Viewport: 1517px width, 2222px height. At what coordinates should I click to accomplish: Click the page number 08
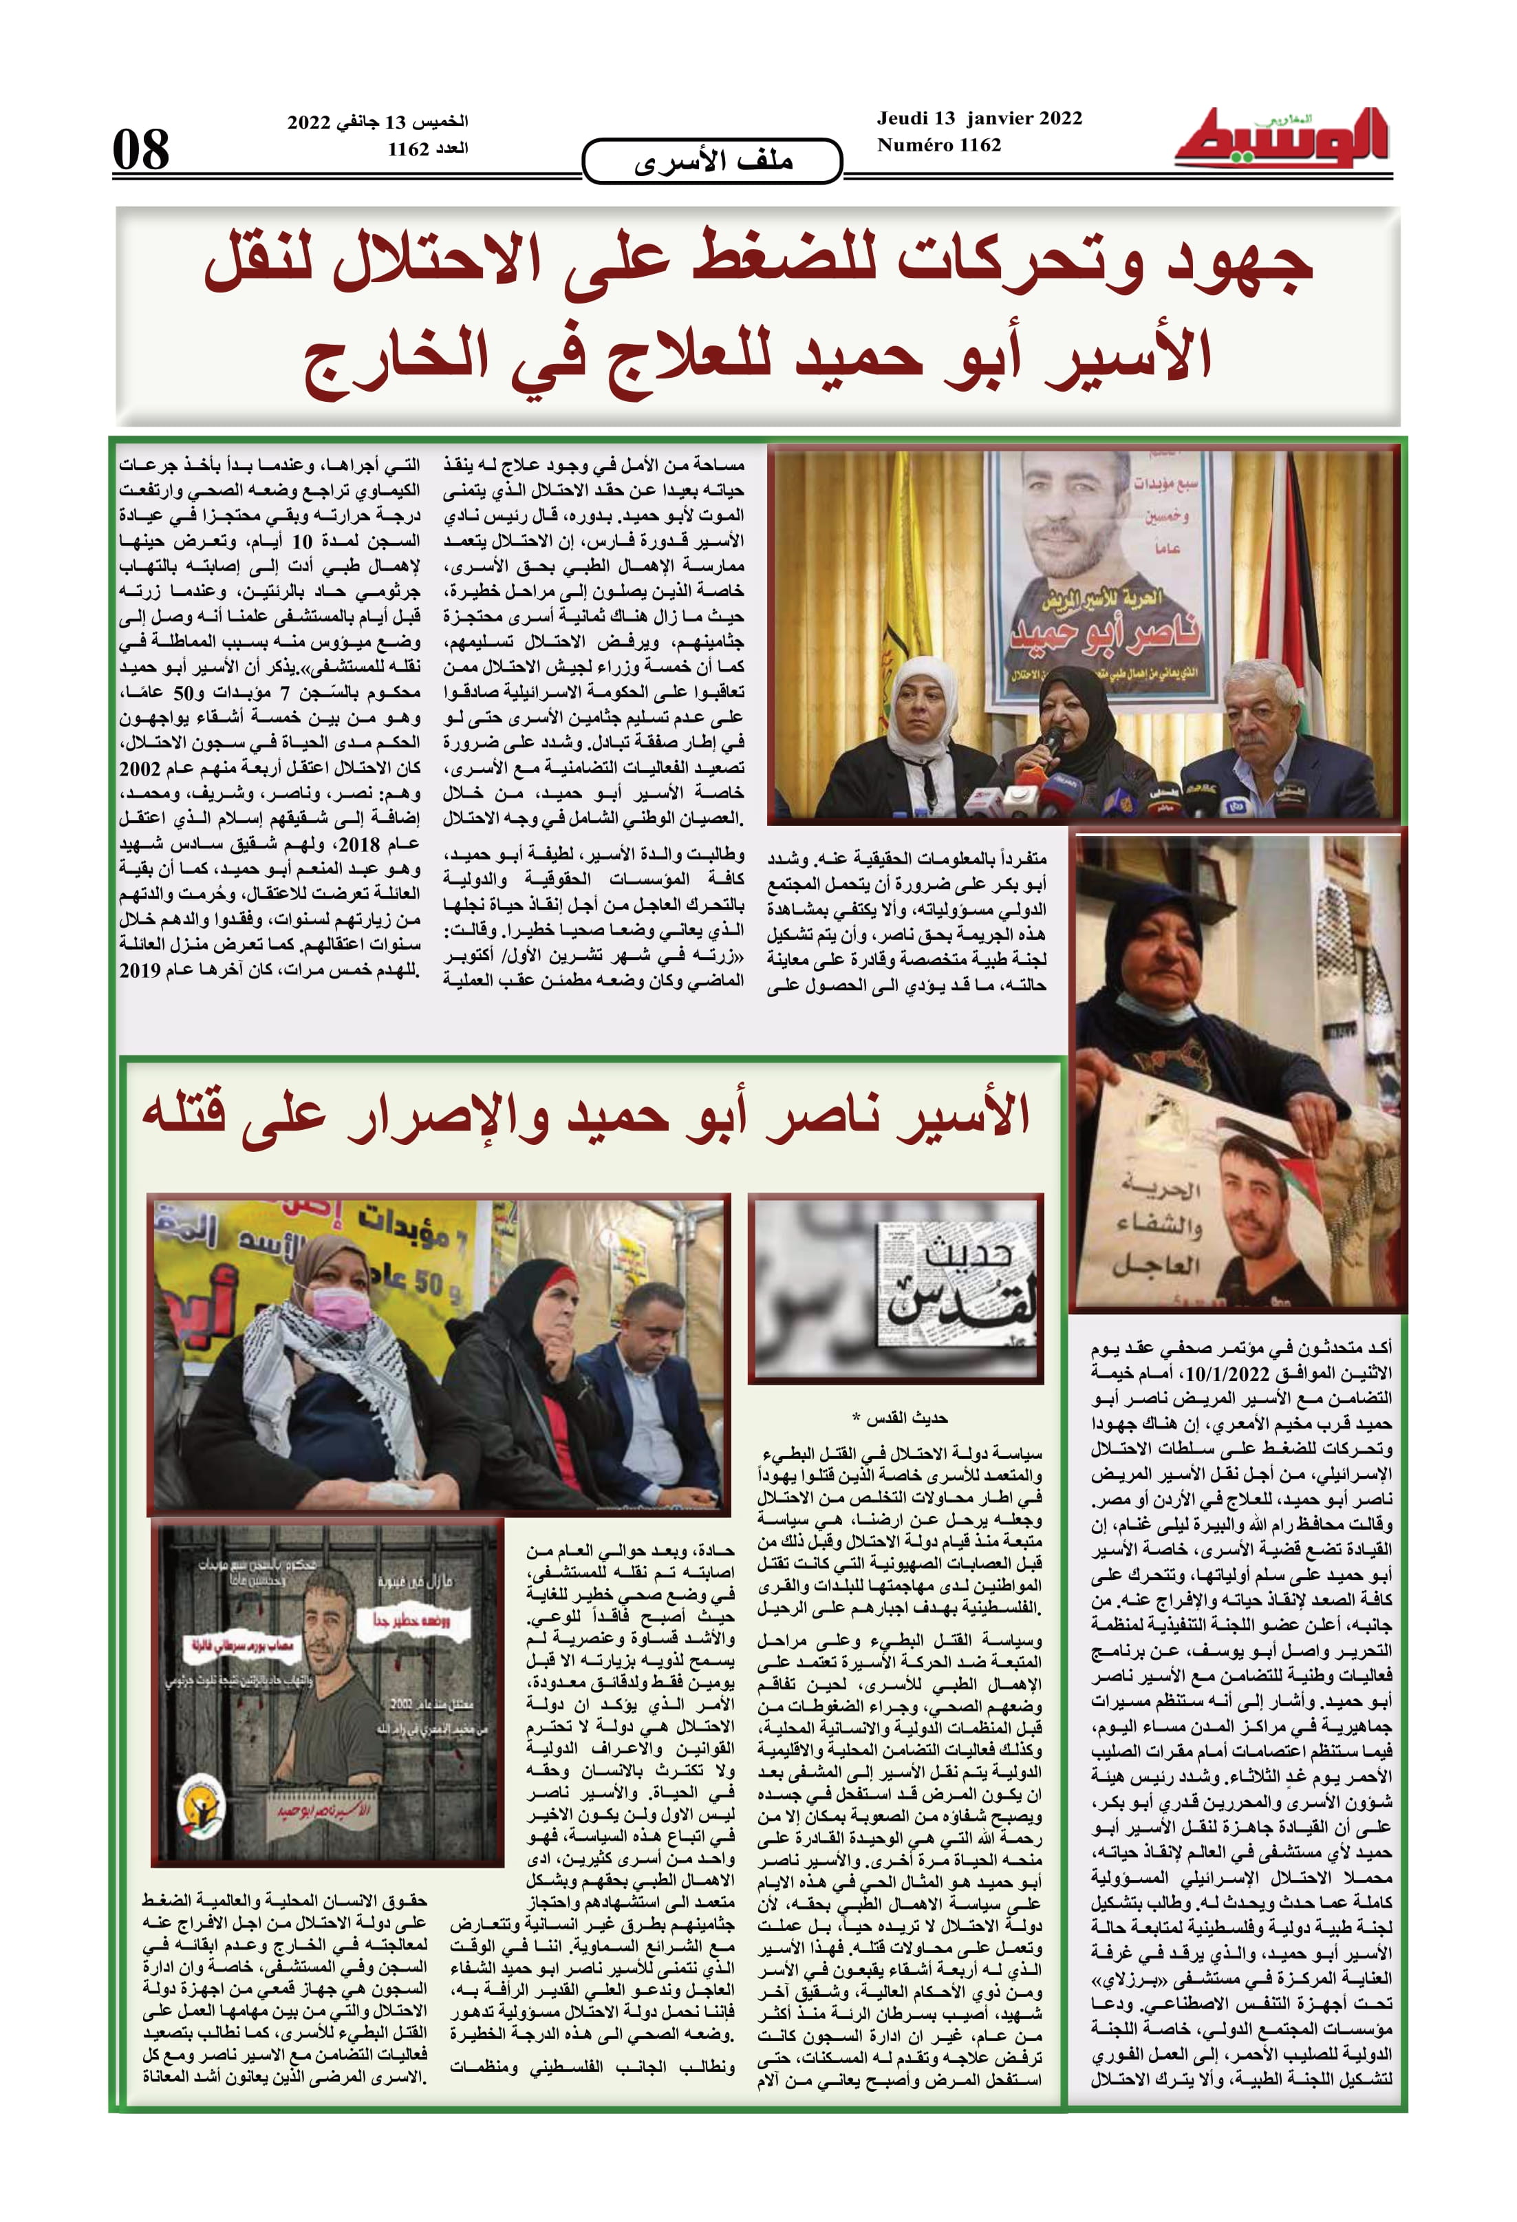[142, 150]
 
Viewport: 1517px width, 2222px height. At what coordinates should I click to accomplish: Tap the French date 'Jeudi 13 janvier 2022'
[979, 118]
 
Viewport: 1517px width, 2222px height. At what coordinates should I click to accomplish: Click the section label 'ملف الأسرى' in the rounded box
[712, 160]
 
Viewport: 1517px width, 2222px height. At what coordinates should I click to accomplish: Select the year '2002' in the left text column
[140, 769]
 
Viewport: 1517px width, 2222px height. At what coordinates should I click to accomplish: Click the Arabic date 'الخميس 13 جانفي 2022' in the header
[378, 122]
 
